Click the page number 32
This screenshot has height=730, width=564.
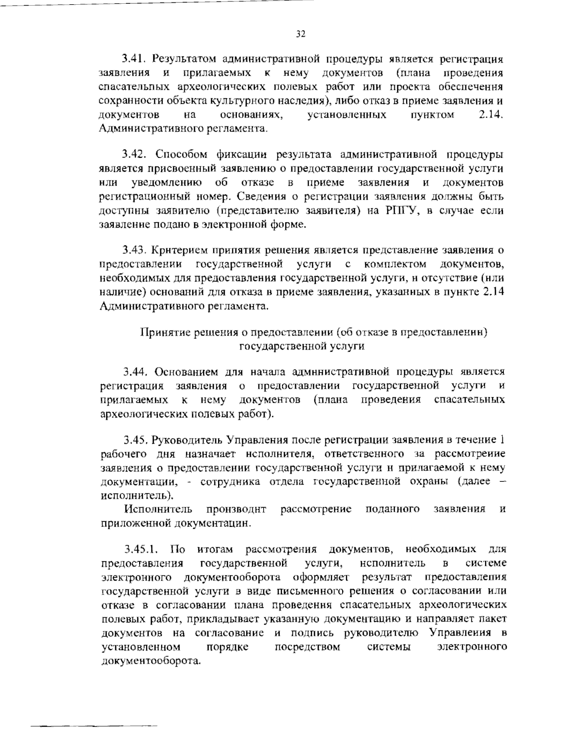(x=301, y=34)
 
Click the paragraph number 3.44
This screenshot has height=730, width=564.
(x=136, y=372)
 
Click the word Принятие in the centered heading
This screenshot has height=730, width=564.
(x=164, y=332)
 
